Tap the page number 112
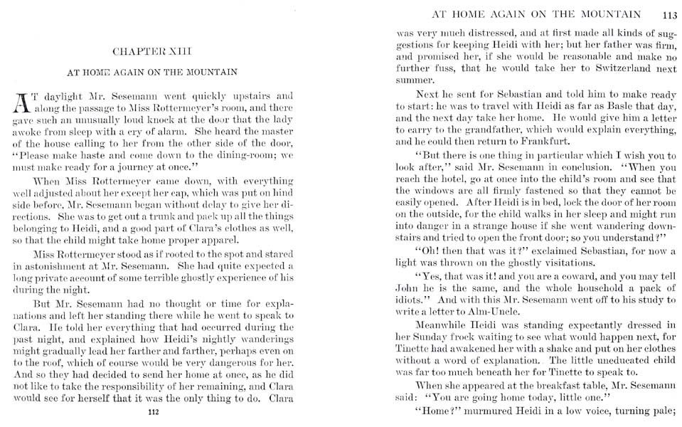click(x=152, y=412)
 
